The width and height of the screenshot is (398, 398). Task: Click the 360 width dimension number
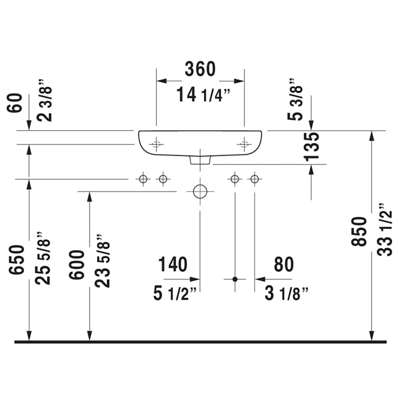[200, 69]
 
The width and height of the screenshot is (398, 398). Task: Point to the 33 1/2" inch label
[385, 230]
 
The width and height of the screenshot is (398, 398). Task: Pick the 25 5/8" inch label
[44, 258]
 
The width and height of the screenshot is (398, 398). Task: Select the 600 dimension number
[77, 264]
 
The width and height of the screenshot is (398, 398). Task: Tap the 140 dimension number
[172, 264]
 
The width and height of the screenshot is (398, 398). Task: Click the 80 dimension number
[283, 264]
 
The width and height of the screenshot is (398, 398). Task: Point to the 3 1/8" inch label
[287, 294]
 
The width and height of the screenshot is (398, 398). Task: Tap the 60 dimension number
[17, 103]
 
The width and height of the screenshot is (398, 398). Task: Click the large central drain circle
[200, 191]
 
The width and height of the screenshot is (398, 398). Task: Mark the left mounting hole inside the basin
[156, 144]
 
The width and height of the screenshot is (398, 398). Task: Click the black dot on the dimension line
[235, 279]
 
